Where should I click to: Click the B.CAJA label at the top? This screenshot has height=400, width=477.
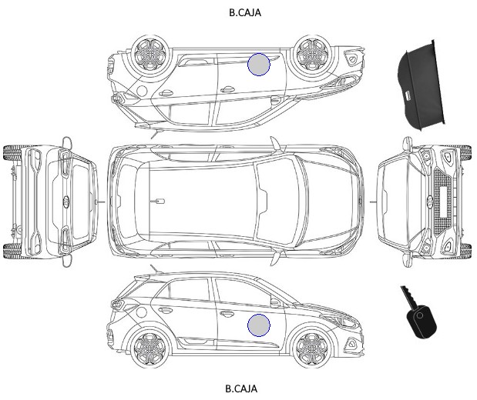[x=245, y=12]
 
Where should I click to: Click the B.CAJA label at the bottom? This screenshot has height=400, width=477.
[x=241, y=388]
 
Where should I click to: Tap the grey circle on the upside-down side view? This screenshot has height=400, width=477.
[x=259, y=64]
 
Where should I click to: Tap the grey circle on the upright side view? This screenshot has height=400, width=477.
[x=259, y=325]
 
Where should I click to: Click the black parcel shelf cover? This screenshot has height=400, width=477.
[x=422, y=85]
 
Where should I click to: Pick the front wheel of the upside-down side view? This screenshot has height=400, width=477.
[x=312, y=54]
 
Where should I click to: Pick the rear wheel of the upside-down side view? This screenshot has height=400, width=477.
[x=150, y=54]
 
